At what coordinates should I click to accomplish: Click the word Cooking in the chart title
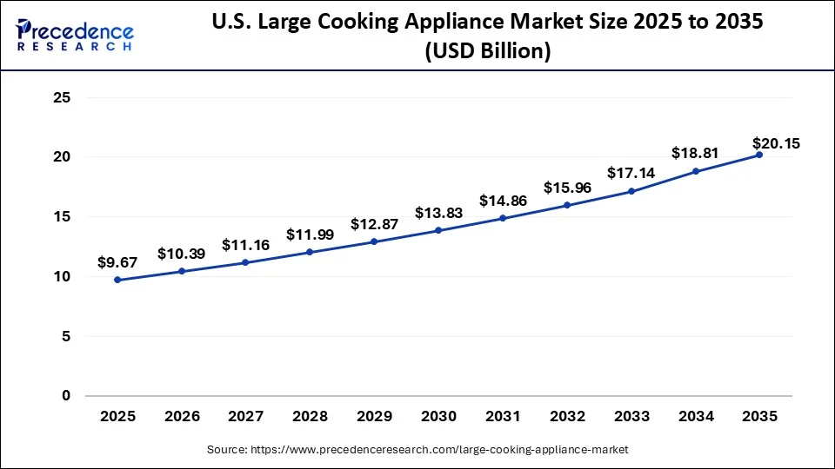[x=395, y=23]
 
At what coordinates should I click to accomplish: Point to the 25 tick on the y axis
[x=61, y=98]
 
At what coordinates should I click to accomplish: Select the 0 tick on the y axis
[x=65, y=396]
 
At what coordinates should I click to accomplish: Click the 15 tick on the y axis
[x=61, y=217]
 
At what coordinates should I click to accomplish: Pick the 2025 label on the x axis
[x=117, y=417]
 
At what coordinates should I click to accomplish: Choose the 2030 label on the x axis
[x=438, y=417]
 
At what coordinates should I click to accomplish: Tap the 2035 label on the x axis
[x=759, y=417]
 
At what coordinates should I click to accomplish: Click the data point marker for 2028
[x=311, y=253]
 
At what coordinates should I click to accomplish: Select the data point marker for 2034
[x=695, y=171]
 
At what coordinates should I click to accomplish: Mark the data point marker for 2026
[x=182, y=271]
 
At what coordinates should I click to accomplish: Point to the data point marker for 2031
[x=503, y=218]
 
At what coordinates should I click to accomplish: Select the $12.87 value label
[x=375, y=224]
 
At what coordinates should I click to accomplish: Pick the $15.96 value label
[x=567, y=187]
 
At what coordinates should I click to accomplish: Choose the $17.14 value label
[x=631, y=173]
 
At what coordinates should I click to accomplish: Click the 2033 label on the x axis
[x=631, y=417]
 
